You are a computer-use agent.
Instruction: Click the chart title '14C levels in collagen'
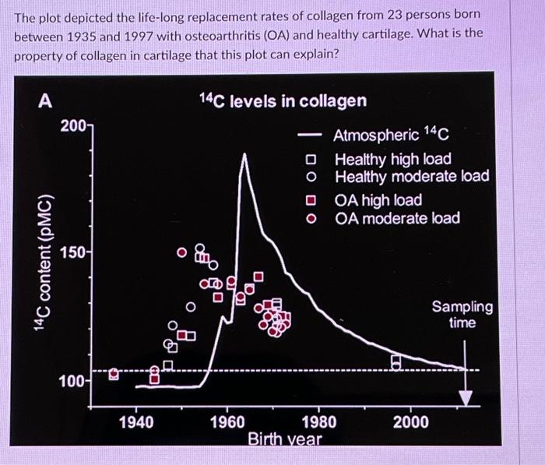[x=282, y=100]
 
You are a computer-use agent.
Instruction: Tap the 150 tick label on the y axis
[x=76, y=254]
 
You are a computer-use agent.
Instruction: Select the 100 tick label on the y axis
[x=76, y=382]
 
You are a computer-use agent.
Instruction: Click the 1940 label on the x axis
[x=136, y=422]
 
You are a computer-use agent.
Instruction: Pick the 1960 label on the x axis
[x=227, y=422]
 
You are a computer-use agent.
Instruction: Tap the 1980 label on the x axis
[x=318, y=422]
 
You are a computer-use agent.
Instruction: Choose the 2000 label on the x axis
[x=410, y=422]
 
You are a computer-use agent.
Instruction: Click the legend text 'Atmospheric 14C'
[x=391, y=136]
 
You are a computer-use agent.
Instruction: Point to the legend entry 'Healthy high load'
[x=392, y=159]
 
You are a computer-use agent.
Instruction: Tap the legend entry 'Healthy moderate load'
[x=412, y=176]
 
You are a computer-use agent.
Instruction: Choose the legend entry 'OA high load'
[x=378, y=201]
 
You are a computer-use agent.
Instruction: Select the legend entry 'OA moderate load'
[x=398, y=218]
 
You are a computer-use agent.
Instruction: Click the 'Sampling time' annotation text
[x=462, y=315]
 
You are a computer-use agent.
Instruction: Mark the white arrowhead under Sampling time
[x=465, y=397]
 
